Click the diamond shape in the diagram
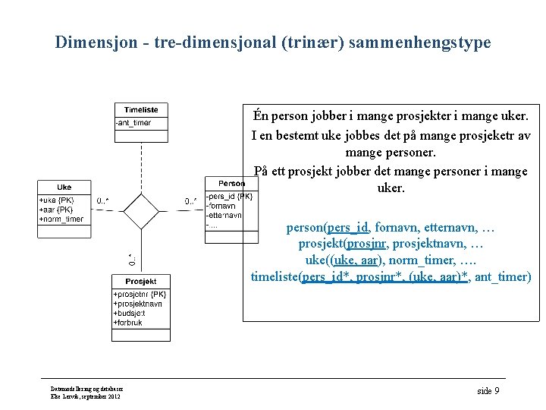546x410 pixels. click(x=141, y=211)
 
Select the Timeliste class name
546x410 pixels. click(x=141, y=110)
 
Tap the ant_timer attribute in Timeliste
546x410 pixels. click(x=133, y=123)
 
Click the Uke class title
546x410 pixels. click(x=64, y=187)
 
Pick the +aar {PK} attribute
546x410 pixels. click(x=55, y=210)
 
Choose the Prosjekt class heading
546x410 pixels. click(x=141, y=282)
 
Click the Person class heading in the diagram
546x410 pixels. click(x=231, y=184)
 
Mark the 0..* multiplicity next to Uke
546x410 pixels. click(x=102, y=201)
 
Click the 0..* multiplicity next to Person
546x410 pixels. click(x=191, y=201)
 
